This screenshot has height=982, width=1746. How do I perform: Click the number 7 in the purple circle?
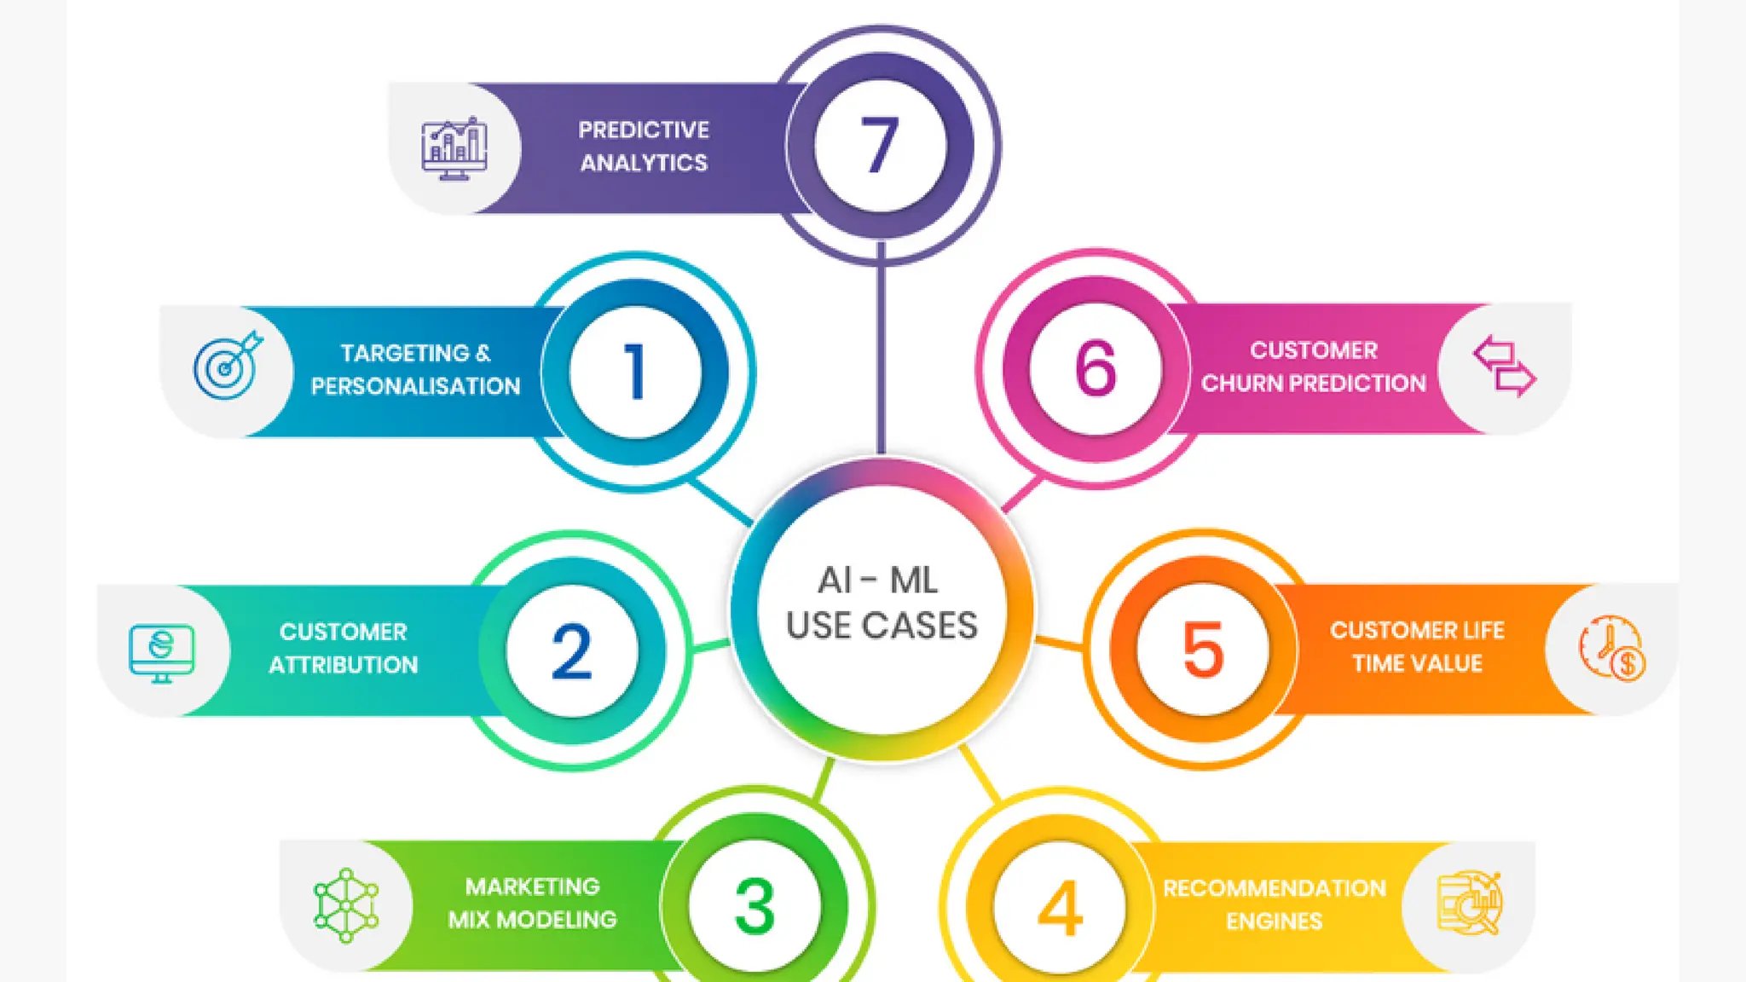880,146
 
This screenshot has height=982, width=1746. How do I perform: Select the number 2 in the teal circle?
571,651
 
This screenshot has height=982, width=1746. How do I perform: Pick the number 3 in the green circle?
754,907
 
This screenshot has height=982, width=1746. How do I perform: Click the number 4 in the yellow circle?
1060,909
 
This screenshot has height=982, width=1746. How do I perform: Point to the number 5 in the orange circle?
1203,650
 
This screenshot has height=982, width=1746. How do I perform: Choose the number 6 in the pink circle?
1096,368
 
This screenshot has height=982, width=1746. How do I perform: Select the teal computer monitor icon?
162,652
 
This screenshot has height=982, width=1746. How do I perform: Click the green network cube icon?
346,905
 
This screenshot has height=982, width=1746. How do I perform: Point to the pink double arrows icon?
1505,367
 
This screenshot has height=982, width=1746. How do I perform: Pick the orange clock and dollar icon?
1611,648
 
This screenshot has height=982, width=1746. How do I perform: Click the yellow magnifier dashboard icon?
1469,904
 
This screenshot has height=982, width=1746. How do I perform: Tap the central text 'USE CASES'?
882,627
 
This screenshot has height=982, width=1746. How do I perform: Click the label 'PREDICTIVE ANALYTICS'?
644,147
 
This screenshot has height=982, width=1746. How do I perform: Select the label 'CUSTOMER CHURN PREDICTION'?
1313,367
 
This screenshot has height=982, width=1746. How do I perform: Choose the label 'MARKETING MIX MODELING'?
533,904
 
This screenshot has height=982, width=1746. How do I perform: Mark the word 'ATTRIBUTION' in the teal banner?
344,665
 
